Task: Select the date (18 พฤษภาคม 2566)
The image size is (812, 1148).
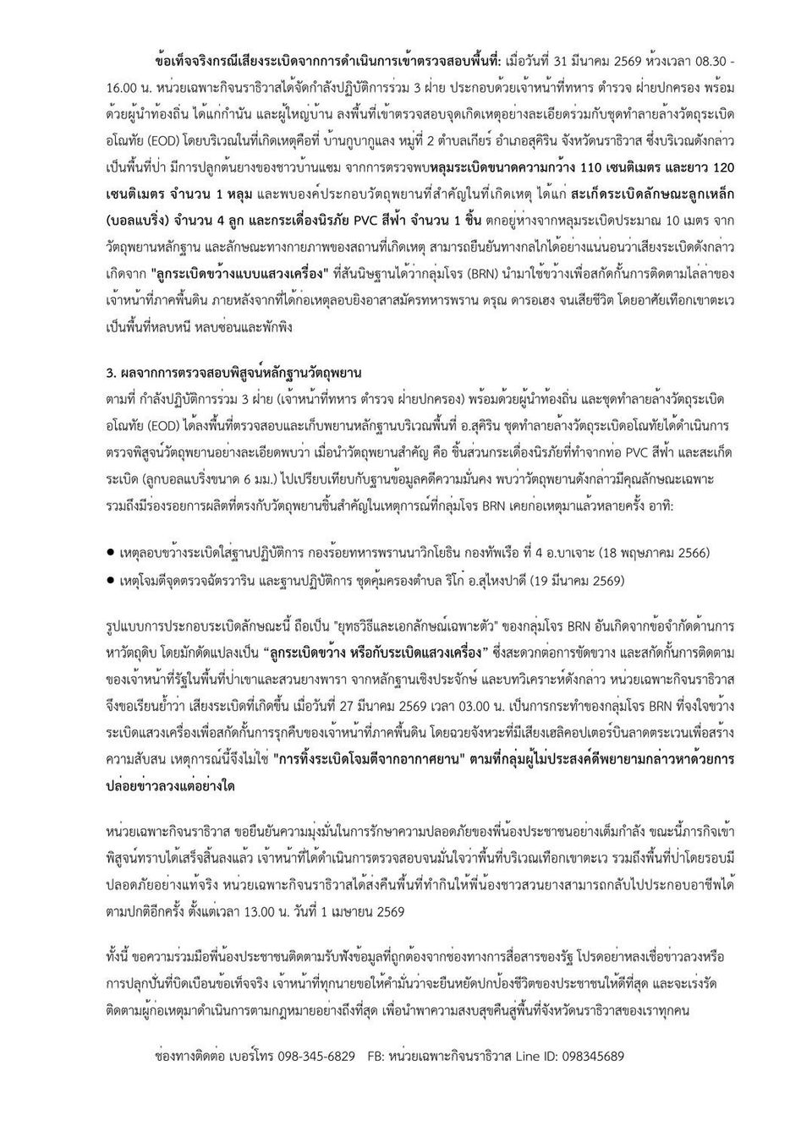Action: click(654, 554)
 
